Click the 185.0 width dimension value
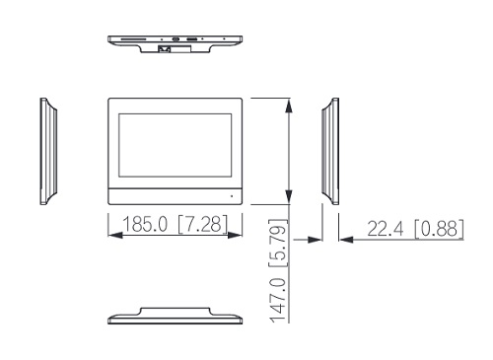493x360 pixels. [145, 224]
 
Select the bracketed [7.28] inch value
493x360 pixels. [202, 224]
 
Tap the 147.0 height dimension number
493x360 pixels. [278, 300]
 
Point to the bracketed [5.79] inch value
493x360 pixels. [278, 244]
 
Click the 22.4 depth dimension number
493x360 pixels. [385, 229]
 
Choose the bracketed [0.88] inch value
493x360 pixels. [439, 229]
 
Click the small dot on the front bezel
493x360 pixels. [232, 196]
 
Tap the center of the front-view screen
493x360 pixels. [176, 145]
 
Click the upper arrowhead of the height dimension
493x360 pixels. [289, 106]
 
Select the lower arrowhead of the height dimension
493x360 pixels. [289, 196]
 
